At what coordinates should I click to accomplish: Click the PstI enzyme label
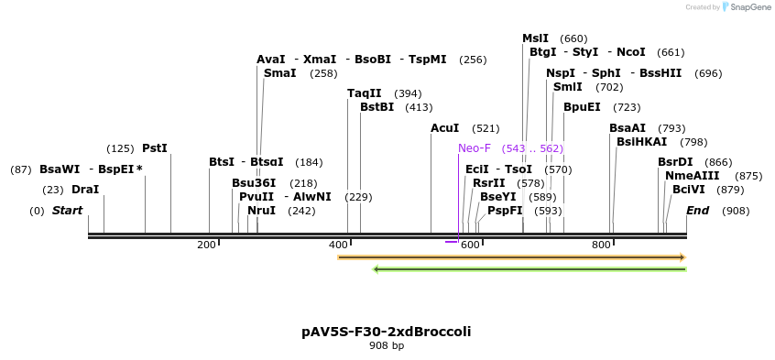click(155, 148)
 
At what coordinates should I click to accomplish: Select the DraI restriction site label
click(85, 190)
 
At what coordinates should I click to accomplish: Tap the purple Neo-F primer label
click(475, 148)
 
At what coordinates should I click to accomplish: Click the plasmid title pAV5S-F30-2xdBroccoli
click(386, 331)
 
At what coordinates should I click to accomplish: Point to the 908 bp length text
click(386, 346)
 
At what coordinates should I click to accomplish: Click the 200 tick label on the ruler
click(206, 245)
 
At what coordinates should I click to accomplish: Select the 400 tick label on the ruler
click(338, 245)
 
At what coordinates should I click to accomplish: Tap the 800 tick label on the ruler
click(601, 245)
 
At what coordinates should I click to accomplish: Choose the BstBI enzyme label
click(377, 107)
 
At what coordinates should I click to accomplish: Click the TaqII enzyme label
click(364, 93)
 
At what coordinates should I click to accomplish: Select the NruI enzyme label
click(261, 211)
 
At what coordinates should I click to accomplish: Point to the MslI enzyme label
click(535, 38)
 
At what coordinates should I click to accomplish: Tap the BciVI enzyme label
click(688, 190)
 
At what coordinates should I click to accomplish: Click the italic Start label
click(67, 211)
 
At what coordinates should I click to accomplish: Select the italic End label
click(698, 211)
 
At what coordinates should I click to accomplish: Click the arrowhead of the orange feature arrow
click(681, 257)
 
